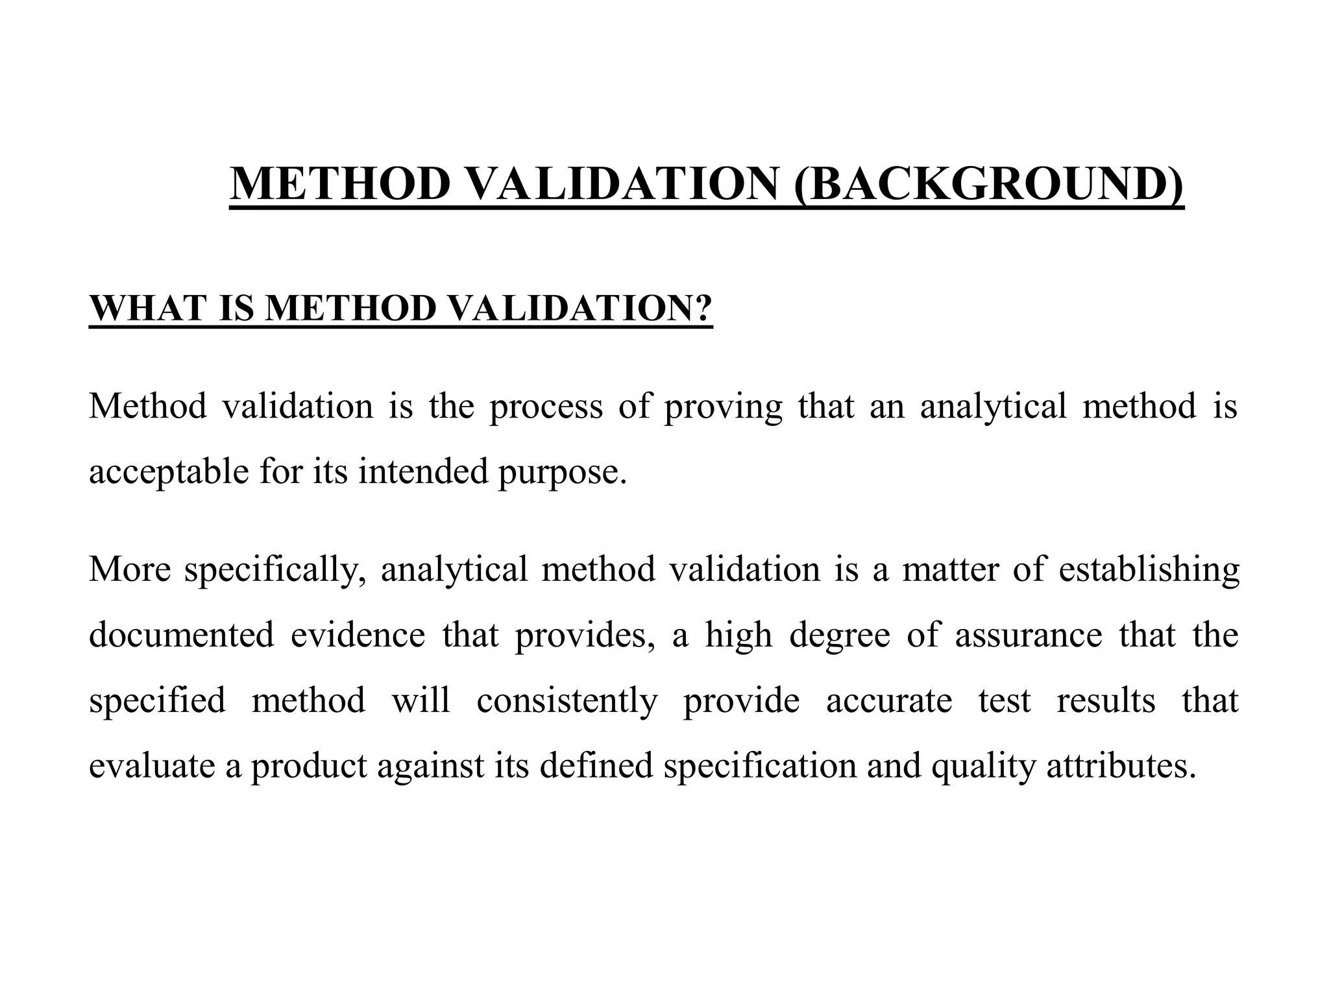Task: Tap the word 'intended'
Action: tap(422, 472)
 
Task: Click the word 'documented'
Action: tap(181, 635)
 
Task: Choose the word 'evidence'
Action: tap(358, 635)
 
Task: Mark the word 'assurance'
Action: tap(1028, 635)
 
